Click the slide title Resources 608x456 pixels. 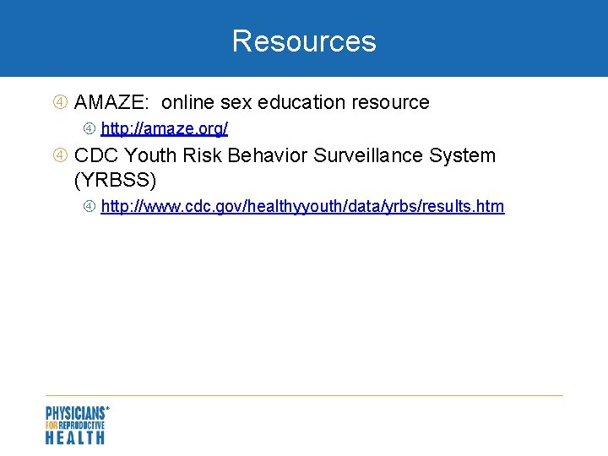point(304,41)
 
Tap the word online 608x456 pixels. point(188,103)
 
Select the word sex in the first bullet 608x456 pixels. point(236,103)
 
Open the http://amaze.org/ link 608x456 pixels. point(164,129)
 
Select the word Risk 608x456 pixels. point(203,155)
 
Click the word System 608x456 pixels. point(464,155)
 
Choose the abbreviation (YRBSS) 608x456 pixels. point(116,180)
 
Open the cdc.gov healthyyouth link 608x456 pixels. point(302,207)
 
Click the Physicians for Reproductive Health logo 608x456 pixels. point(76,425)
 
